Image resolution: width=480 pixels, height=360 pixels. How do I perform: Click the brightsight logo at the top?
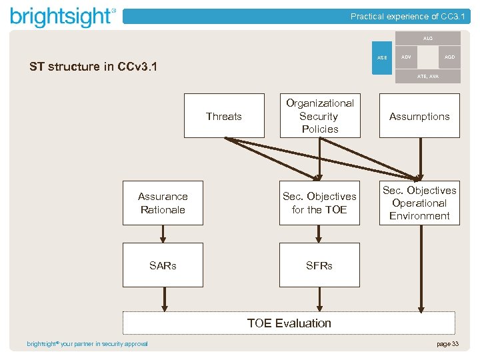[x=63, y=17]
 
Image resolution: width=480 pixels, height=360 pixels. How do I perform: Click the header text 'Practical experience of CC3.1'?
[x=408, y=17]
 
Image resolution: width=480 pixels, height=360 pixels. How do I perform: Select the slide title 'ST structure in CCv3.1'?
[x=93, y=67]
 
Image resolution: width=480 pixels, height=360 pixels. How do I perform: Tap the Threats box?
[x=223, y=116]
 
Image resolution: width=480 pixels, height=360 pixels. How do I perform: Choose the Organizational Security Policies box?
[x=319, y=116]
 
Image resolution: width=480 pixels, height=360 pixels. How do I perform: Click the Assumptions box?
[x=419, y=116]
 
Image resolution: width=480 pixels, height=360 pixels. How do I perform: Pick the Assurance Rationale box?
[x=163, y=203]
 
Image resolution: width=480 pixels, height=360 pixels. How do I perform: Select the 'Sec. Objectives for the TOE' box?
[x=319, y=203]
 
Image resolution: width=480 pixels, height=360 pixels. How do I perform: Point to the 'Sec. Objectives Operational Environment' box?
[x=419, y=203]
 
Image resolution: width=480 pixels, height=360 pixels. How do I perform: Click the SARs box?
[x=163, y=265]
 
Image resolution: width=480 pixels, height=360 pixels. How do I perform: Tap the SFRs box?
[x=319, y=265]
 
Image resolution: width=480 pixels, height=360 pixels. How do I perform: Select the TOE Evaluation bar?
[x=289, y=323]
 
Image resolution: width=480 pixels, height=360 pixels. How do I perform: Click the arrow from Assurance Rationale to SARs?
[x=163, y=234]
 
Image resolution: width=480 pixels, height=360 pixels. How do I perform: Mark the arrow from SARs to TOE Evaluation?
[x=163, y=299]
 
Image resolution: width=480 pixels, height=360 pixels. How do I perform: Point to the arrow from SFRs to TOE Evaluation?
[x=319, y=299]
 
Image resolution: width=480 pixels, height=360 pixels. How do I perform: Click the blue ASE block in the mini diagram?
[x=382, y=58]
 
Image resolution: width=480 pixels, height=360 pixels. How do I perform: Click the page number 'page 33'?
[x=447, y=344]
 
